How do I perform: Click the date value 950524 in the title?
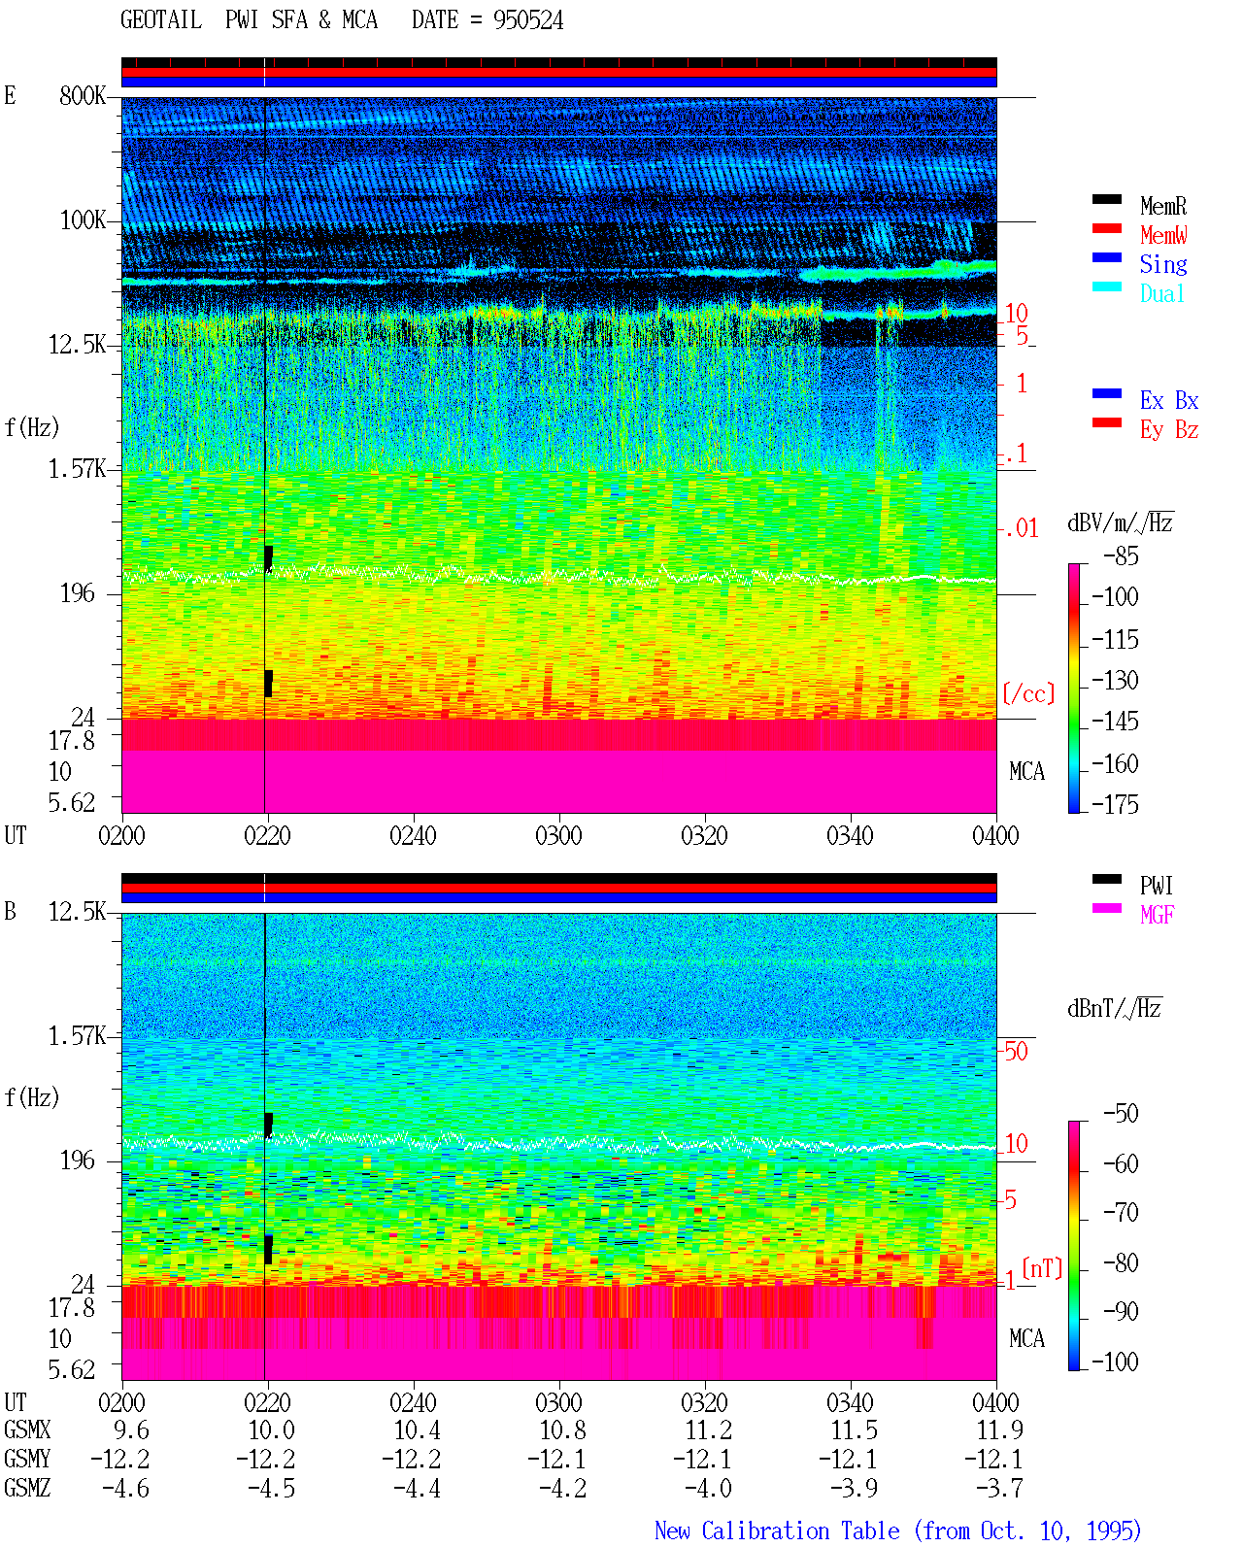[x=527, y=20]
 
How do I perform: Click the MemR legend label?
[x=1162, y=206]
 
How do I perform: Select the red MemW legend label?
[x=1162, y=235]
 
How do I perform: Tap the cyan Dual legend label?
[x=1161, y=293]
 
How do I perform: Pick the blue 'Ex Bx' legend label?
[x=1168, y=400]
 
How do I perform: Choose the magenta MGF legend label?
[x=1157, y=915]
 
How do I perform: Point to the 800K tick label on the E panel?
[x=82, y=95]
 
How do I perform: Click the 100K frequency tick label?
[x=83, y=220]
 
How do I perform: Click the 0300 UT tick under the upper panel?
[x=558, y=835]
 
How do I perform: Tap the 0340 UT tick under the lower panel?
[x=850, y=1402]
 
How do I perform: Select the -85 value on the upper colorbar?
[x=1121, y=555]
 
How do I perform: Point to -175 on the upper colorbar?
[x=1115, y=804]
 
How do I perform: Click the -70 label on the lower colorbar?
[x=1121, y=1212]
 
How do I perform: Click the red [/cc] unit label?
[x=1028, y=693]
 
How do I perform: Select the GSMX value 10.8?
[x=562, y=1430]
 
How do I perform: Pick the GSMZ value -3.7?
[x=998, y=1488]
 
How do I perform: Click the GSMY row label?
[x=27, y=1460]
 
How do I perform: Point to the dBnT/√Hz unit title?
[x=1114, y=1008]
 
